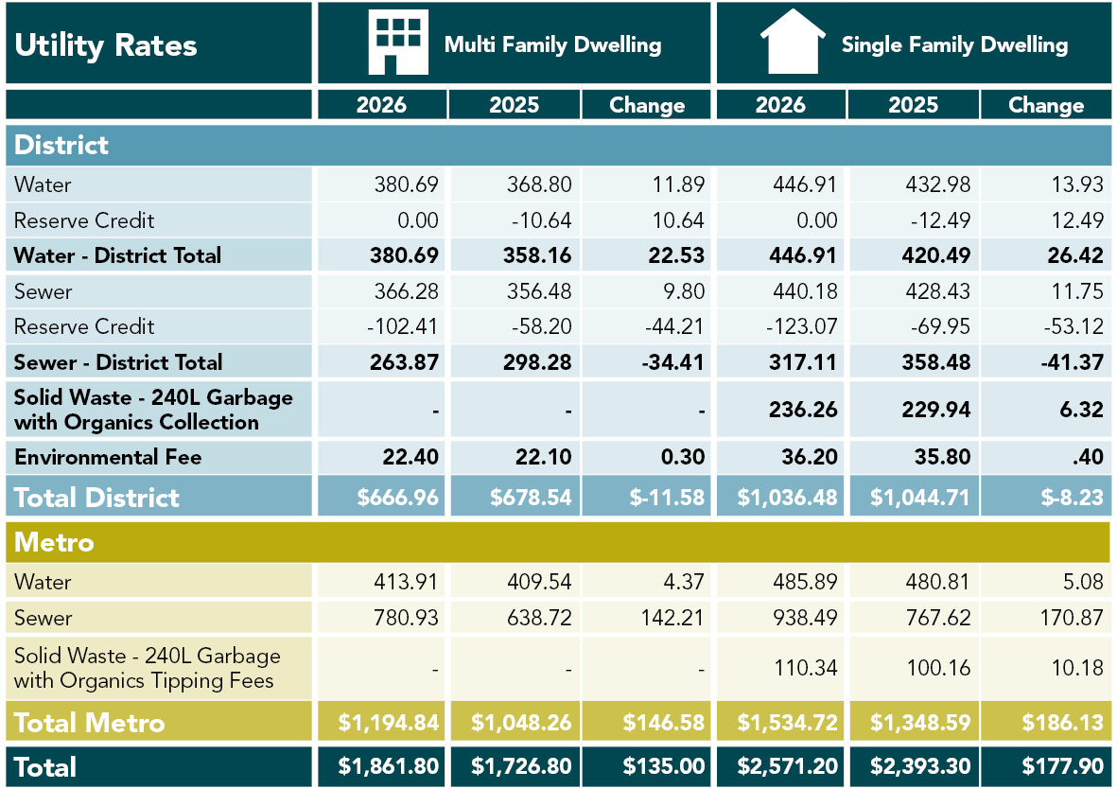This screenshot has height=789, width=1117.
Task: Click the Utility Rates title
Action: [106, 45]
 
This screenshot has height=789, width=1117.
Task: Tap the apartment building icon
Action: [397, 43]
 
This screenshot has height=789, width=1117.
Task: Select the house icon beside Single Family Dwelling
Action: [793, 42]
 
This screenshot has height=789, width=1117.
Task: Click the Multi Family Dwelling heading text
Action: [552, 44]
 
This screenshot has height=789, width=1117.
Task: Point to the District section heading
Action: [61, 145]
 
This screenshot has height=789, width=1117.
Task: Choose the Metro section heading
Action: [54, 542]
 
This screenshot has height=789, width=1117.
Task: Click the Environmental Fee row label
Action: [108, 458]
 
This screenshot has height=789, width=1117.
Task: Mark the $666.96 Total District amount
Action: [398, 498]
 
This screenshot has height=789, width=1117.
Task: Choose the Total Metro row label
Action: [90, 723]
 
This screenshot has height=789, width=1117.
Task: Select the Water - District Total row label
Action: [117, 255]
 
